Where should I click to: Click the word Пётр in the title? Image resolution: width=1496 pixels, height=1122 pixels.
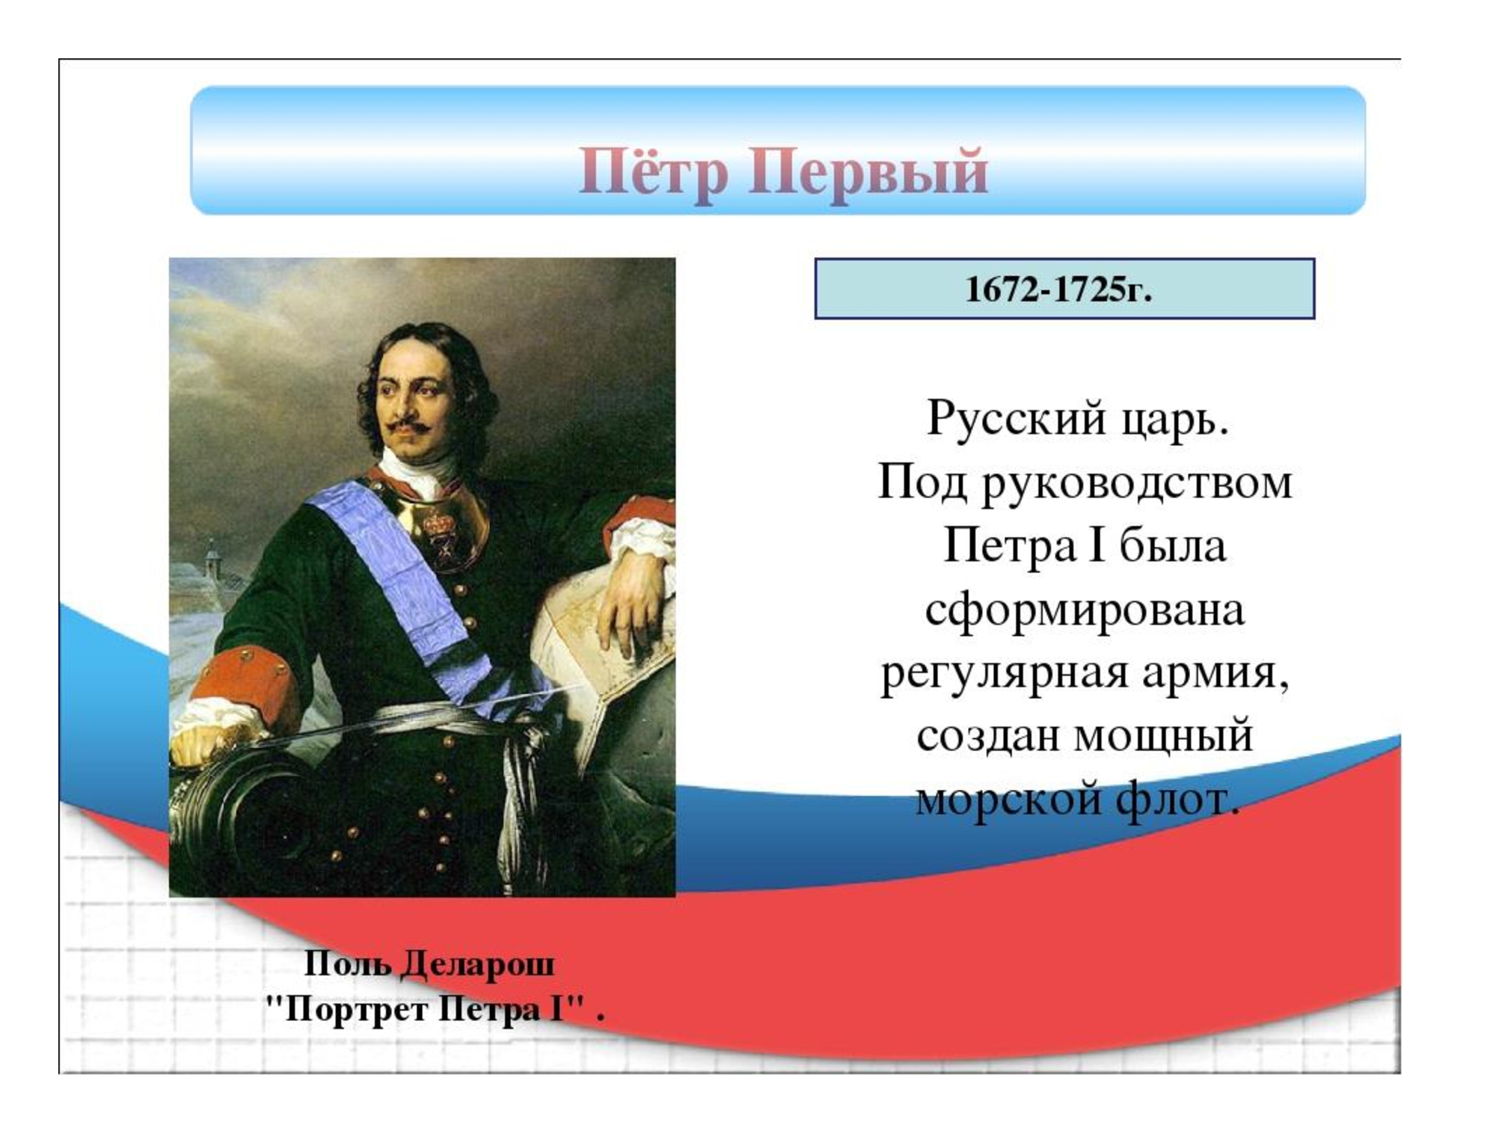point(653,171)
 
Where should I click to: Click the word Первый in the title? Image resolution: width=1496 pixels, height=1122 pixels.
point(868,171)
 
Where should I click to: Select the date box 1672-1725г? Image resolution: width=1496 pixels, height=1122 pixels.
point(1064,289)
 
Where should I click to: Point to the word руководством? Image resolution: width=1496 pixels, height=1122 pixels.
point(1136,483)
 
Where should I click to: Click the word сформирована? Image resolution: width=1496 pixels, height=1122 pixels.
point(1085,610)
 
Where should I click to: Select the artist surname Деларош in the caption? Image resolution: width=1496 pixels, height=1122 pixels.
point(478,964)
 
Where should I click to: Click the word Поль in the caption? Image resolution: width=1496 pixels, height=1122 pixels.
point(348,964)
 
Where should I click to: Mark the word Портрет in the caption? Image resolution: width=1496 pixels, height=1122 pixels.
point(357,1010)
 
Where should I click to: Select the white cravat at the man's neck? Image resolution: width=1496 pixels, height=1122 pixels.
point(419,471)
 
